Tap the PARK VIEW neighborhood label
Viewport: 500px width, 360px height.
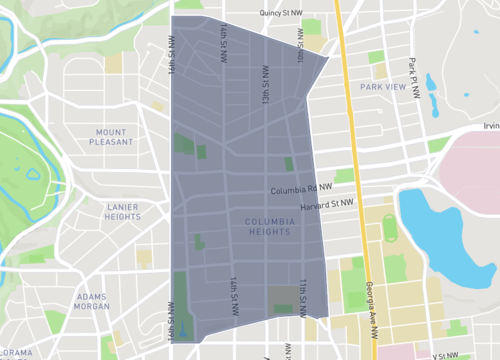(x=383, y=88)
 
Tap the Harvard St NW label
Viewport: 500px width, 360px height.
(x=328, y=203)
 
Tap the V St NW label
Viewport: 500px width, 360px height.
(x=444, y=355)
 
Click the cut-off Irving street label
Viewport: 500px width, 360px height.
(x=490, y=126)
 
